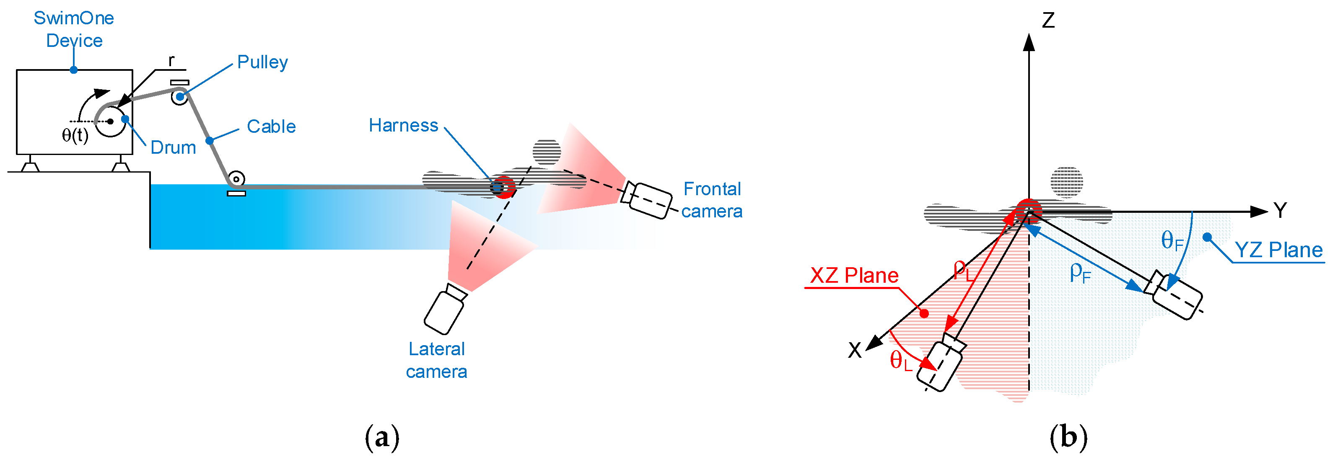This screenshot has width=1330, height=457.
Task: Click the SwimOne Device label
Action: click(x=74, y=29)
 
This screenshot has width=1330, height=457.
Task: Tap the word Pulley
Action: click(x=262, y=62)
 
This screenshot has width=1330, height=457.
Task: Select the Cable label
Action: click(x=271, y=127)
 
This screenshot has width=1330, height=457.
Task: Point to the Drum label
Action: click(x=173, y=147)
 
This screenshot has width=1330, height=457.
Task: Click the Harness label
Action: click(x=403, y=125)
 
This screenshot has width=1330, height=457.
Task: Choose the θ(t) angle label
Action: click(x=75, y=135)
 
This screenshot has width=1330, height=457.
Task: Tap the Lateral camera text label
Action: click(x=436, y=360)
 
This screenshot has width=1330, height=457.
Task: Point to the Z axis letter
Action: click(x=1047, y=21)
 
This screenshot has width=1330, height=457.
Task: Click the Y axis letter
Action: click(x=1279, y=210)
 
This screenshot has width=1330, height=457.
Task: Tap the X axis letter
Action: click(x=855, y=351)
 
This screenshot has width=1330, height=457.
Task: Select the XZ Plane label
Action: click(x=854, y=276)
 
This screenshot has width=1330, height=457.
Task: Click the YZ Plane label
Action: click(x=1278, y=250)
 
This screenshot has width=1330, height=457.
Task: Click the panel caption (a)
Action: click(x=382, y=437)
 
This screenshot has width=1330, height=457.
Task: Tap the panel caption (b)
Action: click(x=1068, y=437)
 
